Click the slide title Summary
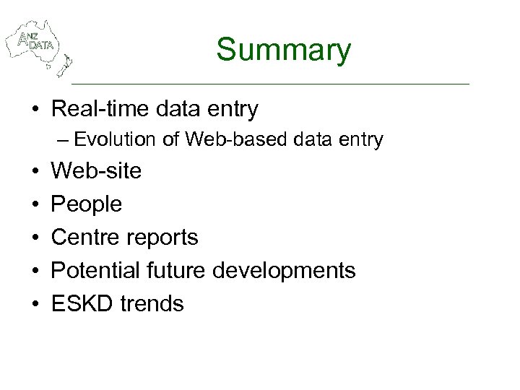(283, 50)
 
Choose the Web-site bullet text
(96, 171)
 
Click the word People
(87, 204)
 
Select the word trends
(152, 303)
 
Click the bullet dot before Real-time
(35, 110)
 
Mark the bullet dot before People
(35, 204)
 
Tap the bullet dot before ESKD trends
(35, 303)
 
